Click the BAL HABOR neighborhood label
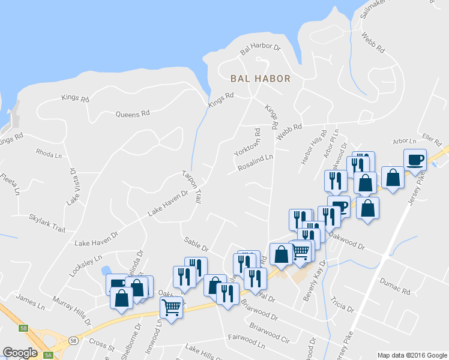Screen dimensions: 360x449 261,79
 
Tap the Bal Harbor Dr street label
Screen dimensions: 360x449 261,47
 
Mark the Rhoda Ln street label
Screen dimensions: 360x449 49,152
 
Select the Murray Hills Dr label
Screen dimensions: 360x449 71,310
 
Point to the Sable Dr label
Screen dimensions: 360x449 196,243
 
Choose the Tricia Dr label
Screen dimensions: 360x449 342,304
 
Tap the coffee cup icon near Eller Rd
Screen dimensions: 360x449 415,160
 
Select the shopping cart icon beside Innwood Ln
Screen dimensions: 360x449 172,307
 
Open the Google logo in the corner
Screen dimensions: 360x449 20,352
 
